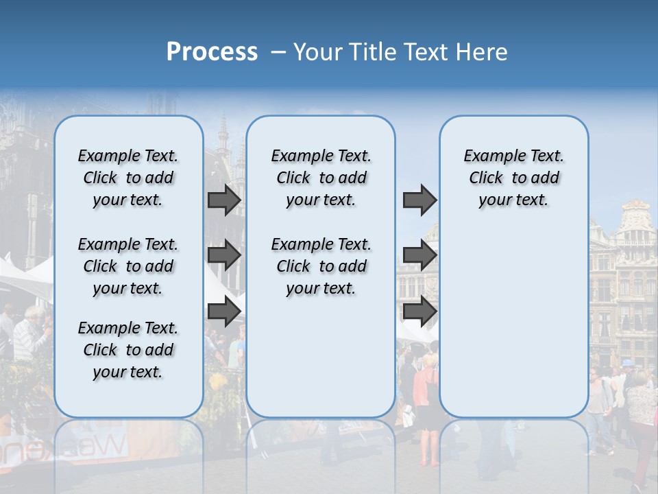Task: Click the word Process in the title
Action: [x=212, y=52]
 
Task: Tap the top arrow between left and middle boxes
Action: [x=224, y=200]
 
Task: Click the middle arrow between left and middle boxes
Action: [x=224, y=256]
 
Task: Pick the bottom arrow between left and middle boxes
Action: [x=224, y=311]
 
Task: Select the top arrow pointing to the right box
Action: [x=419, y=200]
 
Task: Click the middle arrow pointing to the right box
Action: [x=419, y=256]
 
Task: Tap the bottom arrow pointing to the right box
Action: [x=419, y=311]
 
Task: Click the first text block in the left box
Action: [x=128, y=178]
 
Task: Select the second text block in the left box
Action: [x=128, y=266]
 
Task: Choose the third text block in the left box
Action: [x=128, y=350]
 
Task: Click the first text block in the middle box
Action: [x=321, y=178]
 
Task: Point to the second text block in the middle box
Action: [x=321, y=266]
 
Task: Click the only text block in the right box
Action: [x=513, y=178]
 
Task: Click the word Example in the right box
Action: [x=489, y=156]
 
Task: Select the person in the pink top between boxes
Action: [x=424, y=384]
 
